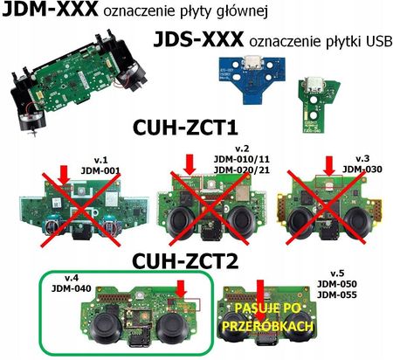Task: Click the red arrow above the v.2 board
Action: pos(189,164)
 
